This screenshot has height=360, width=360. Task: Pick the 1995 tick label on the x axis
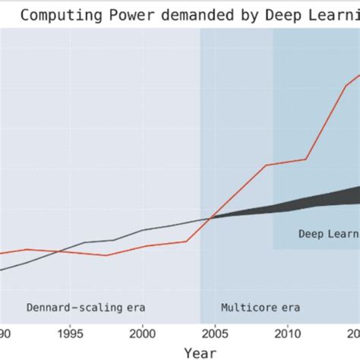coord(70,333)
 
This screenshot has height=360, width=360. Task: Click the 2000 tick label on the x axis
coord(144,333)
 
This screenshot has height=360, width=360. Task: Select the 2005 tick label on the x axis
coord(216,333)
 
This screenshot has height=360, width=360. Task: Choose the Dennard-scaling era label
coord(85,308)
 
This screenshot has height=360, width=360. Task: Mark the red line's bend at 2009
coord(267,165)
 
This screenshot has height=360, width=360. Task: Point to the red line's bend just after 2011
coord(306,159)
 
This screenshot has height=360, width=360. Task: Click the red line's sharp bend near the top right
coord(346,86)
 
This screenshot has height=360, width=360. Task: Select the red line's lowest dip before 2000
coord(106,255)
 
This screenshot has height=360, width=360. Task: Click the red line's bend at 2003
coord(187,242)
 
